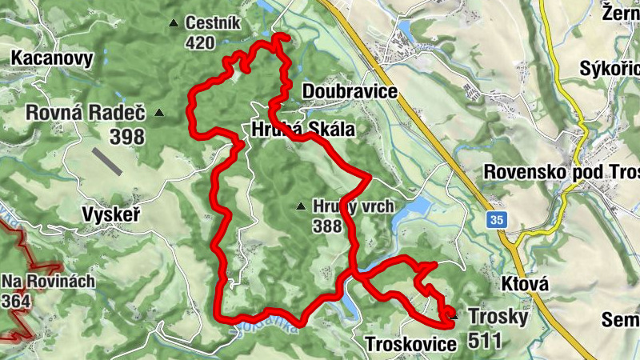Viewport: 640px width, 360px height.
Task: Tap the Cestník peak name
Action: (x=213, y=23)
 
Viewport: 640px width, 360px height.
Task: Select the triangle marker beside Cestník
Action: (x=174, y=23)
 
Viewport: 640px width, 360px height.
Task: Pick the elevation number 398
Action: (x=127, y=137)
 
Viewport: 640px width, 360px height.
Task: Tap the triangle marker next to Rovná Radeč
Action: (x=160, y=113)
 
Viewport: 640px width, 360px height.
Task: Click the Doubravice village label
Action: (x=350, y=92)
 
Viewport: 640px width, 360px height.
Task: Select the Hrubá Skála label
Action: (x=303, y=128)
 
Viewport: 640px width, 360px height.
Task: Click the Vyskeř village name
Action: (x=111, y=214)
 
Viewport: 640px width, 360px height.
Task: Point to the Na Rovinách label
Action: (x=48, y=282)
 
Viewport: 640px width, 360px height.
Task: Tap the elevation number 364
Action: (x=18, y=301)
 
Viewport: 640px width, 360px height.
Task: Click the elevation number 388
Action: (x=327, y=226)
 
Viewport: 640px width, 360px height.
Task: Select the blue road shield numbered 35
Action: (x=497, y=219)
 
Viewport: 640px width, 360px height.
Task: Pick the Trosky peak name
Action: (x=498, y=317)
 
